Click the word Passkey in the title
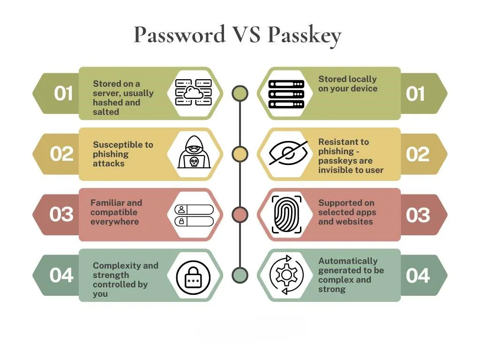click(x=305, y=35)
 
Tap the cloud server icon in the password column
click(x=193, y=92)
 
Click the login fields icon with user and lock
click(x=194, y=215)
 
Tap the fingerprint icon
click(x=286, y=214)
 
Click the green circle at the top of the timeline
click(x=240, y=93)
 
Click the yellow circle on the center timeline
click(x=240, y=154)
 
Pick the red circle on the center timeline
click(x=240, y=214)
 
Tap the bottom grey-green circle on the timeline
click(x=240, y=275)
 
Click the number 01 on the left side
click(x=63, y=94)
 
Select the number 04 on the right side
click(x=418, y=276)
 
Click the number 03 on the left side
click(x=62, y=215)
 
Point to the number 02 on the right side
click(x=418, y=154)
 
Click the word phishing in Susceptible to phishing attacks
click(x=111, y=154)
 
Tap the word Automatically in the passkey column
click(x=347, y=261)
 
